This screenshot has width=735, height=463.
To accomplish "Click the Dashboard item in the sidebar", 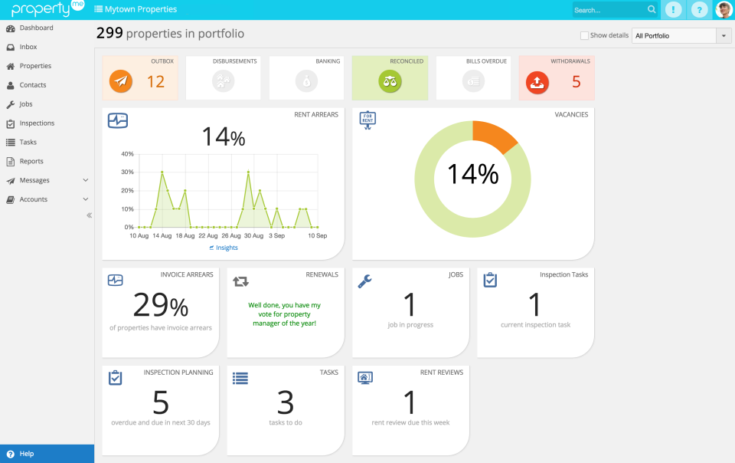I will pos(36,28).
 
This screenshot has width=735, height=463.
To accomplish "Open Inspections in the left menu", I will pos(37,123).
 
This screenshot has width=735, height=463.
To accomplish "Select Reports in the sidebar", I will pos(31,162).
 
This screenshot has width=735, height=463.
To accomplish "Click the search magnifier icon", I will pos(652,10).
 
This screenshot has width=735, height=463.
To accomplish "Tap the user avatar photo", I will pos(724,10).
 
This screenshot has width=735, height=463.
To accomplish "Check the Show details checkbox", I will pos(585,35).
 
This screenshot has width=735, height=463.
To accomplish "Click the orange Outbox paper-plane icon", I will pos(121,80).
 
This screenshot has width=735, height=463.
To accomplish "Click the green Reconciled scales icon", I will pos(390,80).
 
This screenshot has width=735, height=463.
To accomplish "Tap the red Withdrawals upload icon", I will pos(538,80).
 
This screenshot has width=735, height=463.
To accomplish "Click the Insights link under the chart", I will pos(227,248).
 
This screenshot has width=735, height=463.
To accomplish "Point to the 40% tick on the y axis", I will pos(128,154).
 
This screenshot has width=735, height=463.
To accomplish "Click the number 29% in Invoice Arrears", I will pos(160,305).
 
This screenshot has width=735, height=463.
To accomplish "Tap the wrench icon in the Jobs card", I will pos(365,281).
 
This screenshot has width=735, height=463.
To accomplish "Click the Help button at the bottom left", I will pos(27,454).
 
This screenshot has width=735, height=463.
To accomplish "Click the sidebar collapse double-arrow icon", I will pos(89,215).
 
